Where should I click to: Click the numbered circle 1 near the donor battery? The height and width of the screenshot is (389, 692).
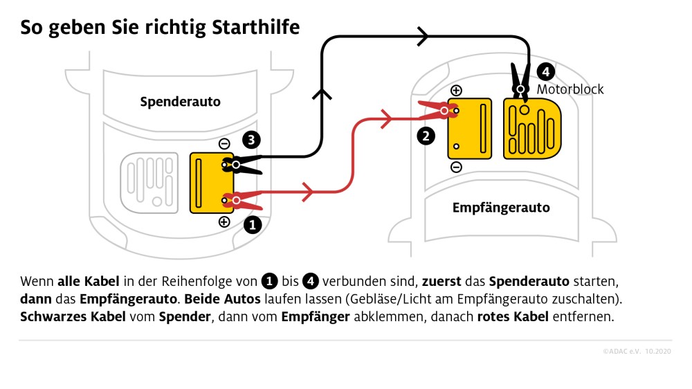pyautogui.click(x=253, y=224)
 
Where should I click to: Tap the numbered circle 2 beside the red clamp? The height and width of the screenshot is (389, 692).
pyautogui.click(x=426, y=136)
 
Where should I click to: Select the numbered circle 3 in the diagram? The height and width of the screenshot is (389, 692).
pyautogui.click(x=252, y=141)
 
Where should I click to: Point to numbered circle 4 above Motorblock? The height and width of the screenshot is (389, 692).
pyautogui.click(x=545, y=71)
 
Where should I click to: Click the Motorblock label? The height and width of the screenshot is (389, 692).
pyautogui.click(x=570, y=89)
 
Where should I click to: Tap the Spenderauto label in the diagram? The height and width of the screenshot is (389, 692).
pyautogui.click(x=180, y=102)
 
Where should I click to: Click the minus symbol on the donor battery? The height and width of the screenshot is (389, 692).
pyautogui.click(x=224, y=143)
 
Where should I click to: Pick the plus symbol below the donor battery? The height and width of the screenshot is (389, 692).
pyautogui.click(x=224, y=222)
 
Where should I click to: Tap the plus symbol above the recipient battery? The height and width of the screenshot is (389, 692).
pyautogui.click(x=456, y=91)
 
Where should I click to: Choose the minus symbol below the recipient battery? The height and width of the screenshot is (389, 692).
pyautogui.click(x=456, y=167)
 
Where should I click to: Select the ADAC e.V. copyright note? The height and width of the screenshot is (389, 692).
pyautogui.click(x=637, y=352)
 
